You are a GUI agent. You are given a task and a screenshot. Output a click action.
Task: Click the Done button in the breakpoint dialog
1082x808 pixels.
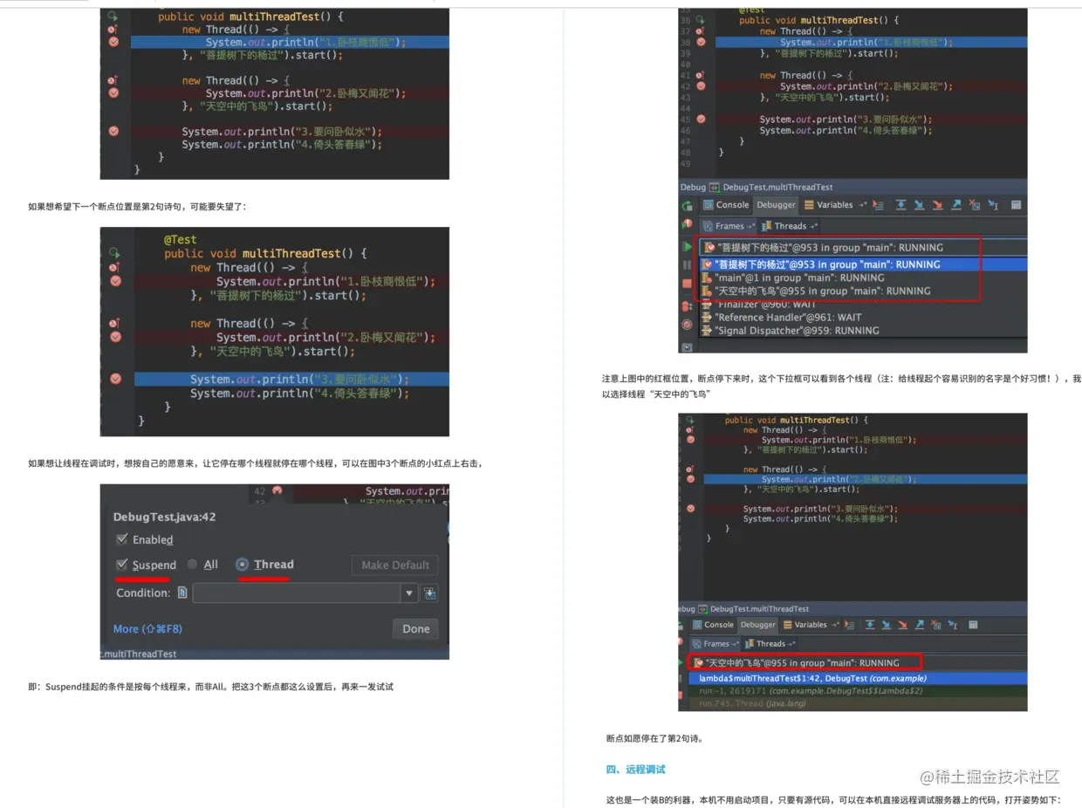(415, 628)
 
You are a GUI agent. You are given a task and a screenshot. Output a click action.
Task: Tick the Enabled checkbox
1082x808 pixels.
(122, 539)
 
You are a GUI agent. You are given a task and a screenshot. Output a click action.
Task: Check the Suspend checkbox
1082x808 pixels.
(122, 565)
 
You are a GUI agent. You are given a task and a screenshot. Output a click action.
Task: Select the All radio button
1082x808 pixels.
(193, 565)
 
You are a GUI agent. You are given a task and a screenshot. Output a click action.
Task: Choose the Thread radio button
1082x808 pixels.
(243, 565)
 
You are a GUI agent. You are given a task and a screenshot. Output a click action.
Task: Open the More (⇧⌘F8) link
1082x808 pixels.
(147, 628)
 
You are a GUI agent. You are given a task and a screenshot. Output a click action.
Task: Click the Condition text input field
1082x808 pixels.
(297, 592)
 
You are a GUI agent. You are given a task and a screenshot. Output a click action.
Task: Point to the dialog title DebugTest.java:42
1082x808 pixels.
(165, 517)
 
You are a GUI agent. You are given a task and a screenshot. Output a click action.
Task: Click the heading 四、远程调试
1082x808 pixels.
(635, 769)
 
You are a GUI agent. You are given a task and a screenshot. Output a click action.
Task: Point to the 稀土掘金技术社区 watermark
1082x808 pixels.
(990, 777)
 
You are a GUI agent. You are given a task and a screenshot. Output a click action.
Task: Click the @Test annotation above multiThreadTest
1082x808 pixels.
(180, 239)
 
